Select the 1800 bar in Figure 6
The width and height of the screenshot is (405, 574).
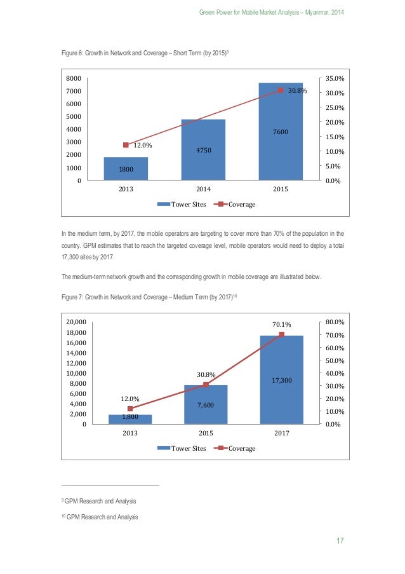coord(126,168)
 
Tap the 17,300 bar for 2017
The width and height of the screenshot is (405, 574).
coord(281,379)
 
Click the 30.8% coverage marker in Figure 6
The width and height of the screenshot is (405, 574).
coord(280,91)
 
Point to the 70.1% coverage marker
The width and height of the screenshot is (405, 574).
coord(281,334)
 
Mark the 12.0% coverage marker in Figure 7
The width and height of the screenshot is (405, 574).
coord(130,409)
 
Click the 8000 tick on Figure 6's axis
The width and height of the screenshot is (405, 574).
coord(74,78)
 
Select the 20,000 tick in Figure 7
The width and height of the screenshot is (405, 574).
coord(77,322)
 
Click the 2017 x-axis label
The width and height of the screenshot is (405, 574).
coord(281,434)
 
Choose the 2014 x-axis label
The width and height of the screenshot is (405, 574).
coord(203,189)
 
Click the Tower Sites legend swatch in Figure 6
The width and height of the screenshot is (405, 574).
coord(163,205)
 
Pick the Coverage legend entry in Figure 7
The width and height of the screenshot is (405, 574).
coord(236,448)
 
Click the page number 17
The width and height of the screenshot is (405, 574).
coord(340,541)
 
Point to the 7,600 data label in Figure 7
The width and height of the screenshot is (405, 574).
coord(206,405)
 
